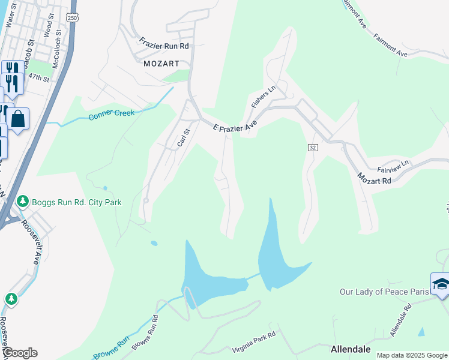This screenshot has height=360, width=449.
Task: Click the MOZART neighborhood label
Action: coord(161,62)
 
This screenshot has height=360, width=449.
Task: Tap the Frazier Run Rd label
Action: coord(164,44)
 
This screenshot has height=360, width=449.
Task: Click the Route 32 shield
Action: coord(313,147)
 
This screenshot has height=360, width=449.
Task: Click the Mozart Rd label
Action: coord(374,178)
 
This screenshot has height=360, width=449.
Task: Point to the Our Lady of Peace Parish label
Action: coord(385,292)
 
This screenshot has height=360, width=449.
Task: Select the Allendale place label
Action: coord(351,349)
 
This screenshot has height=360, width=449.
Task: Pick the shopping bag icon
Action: coord(19,118)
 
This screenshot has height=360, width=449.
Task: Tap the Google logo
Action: coord(19,353)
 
